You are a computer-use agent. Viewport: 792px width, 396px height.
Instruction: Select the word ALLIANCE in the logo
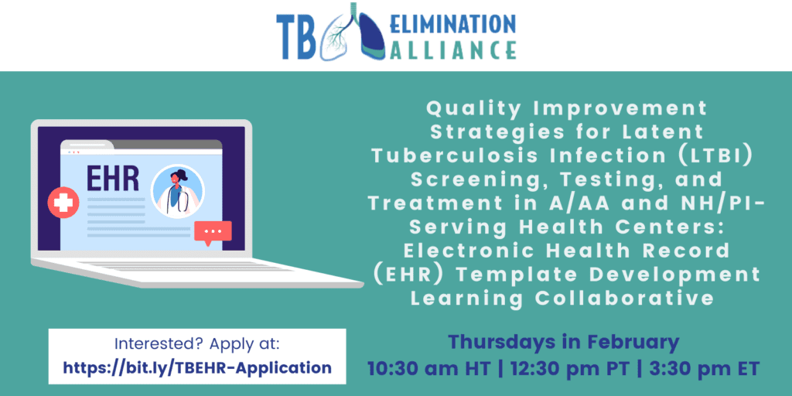click(452, 50)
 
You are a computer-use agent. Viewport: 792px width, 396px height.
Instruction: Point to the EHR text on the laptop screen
click(112, 179)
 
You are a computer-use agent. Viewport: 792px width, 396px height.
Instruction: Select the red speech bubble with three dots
click(213, 233)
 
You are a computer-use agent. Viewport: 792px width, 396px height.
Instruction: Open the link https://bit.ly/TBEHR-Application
click(197, 367)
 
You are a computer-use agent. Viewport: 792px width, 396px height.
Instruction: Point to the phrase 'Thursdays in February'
click(564, 343)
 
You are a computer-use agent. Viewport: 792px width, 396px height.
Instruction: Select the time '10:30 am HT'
click(428, 368)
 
